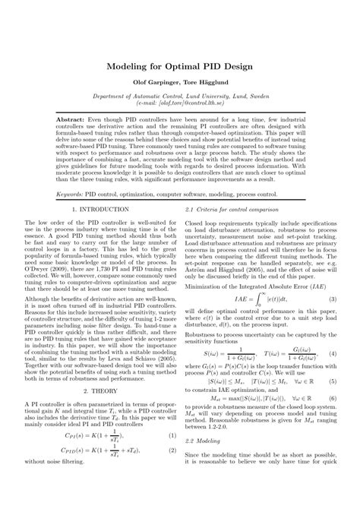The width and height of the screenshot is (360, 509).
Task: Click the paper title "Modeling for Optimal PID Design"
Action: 180,67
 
